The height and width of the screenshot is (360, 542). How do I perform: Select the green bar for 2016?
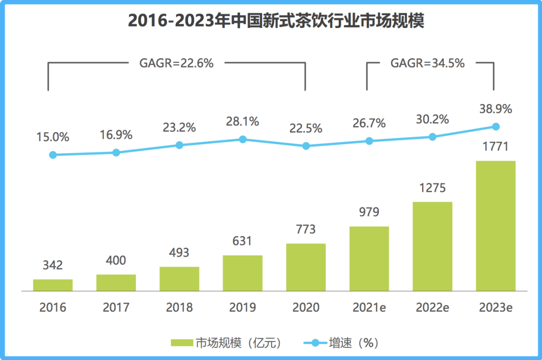tap(53, 285)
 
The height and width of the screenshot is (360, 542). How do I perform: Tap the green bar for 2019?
tap(242, 273)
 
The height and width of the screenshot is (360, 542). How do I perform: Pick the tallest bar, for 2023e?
tap(495, 226)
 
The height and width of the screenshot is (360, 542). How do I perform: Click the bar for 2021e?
tap(369, 259)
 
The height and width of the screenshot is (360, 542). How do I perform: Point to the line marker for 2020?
tap(306, 146)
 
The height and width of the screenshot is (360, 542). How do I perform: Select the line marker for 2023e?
tap(495, 126)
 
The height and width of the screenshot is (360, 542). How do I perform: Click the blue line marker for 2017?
tap(116, 152)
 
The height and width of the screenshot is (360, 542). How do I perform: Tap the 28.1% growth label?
tap(242, 121)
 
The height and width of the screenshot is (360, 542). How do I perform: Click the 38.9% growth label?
tap(495, 109)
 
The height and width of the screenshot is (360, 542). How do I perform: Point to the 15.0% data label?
tap(53, 137)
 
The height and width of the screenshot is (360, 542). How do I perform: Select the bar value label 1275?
tap(432, 188)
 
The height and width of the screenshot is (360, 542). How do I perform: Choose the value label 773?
tap(306, 229)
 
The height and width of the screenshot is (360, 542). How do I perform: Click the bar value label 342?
tap(53, 265)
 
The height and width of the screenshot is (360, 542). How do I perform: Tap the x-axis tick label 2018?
tap(179, 307)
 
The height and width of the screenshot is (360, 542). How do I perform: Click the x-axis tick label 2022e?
tap(432, 307)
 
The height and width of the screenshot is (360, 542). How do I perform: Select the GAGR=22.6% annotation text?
tap(176, 63)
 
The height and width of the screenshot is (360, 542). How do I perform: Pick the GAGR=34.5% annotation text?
tap(428, 63)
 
